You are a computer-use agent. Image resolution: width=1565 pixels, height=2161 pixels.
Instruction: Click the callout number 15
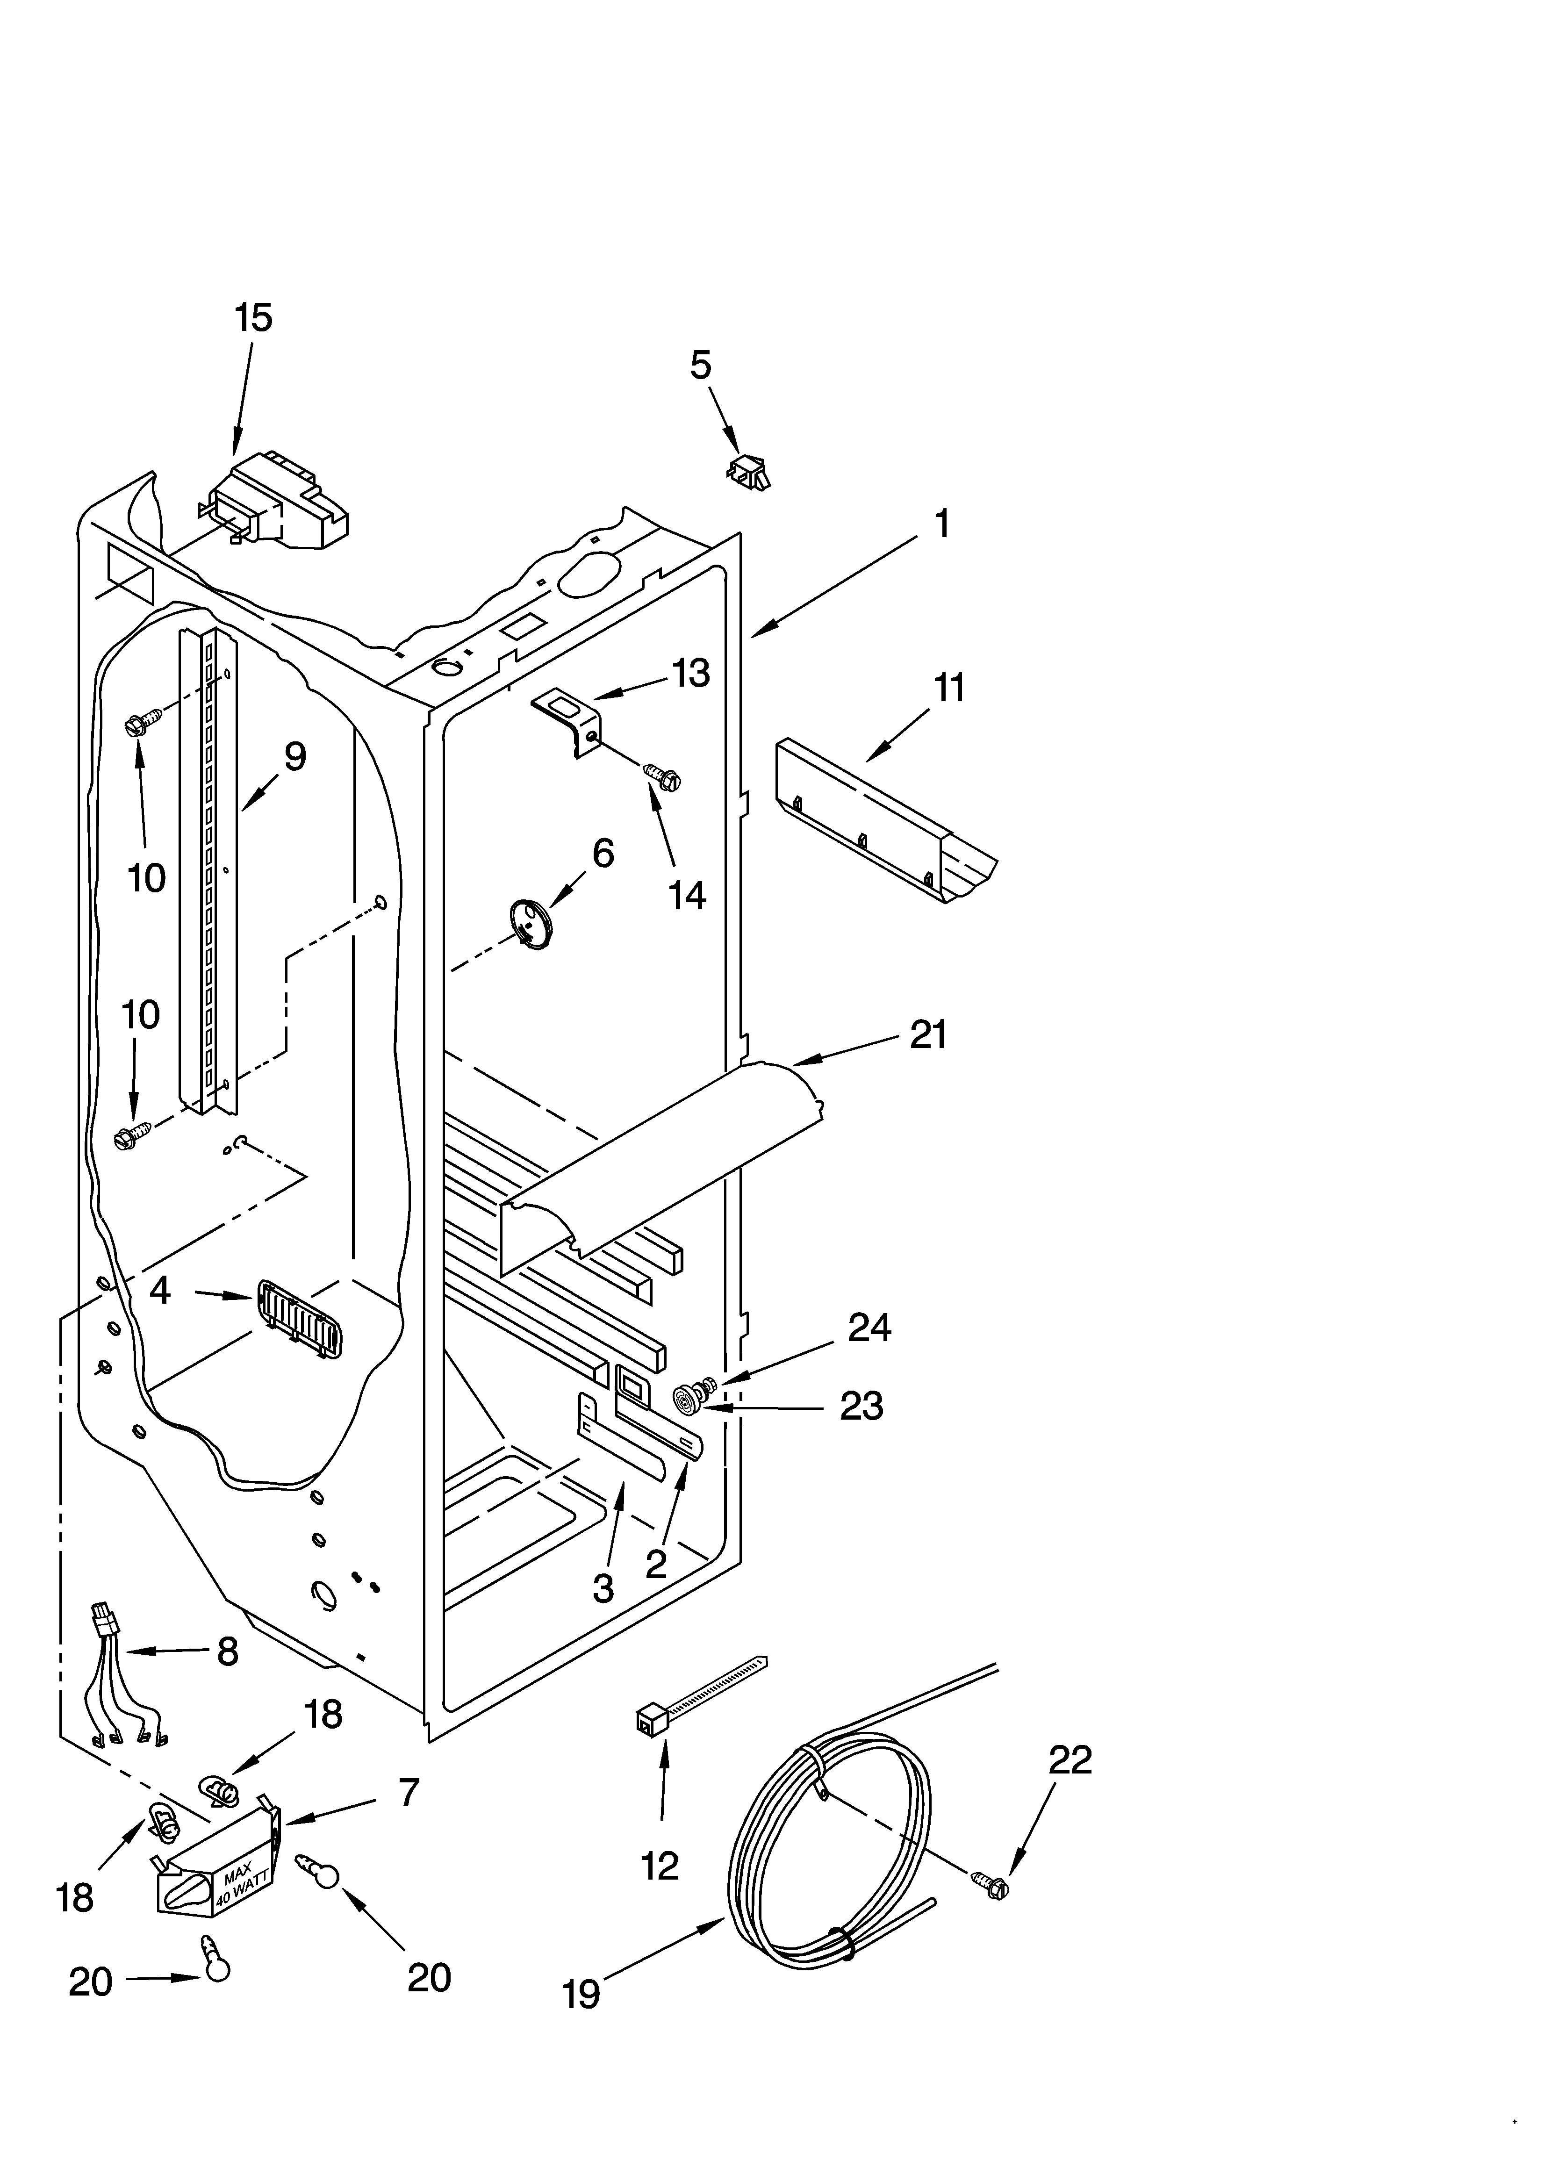tap(253, 317)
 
